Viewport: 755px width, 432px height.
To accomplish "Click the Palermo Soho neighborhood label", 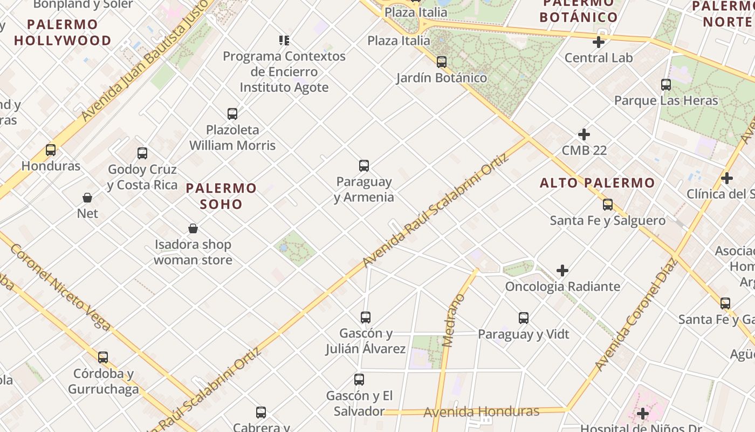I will pyautogui.click(x=222, y=196).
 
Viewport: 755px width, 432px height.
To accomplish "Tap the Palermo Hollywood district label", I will pyautogui.click(x=62, y=32).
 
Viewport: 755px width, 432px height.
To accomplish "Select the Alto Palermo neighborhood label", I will pyautogui.click(x=598, y=183).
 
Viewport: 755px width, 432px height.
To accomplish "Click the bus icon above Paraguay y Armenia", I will pyautogui.click(x=364, y=165).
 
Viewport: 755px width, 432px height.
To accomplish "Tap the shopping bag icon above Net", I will pyautogui.click(x=87, y=198).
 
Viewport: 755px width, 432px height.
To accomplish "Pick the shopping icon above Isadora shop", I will pyautogui.click(x=193, y=229).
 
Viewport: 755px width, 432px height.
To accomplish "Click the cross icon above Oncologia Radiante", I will pyautogui.click(x=562, y=271).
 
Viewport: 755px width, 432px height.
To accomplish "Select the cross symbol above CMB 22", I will pyautogui.click(x=584, y=134).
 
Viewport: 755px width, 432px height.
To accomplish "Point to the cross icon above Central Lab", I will pyautogui.click(x=599, y=42).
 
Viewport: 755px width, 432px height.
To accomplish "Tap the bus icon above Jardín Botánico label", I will pyautogui.click(x=442, y=62).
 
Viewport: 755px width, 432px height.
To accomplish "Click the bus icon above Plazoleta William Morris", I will pyautogui.click(x=232, y=114).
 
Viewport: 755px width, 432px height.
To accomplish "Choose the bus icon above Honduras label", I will pyautogui.click(x=51, y=150).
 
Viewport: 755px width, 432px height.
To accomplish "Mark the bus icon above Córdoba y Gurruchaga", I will pyautogui.click(x=103, y=357).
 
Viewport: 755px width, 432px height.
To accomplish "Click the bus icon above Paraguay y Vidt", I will pyautogui.click(x=524, y=318).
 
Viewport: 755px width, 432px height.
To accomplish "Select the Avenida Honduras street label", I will pyautogui.click(x=481, y=412).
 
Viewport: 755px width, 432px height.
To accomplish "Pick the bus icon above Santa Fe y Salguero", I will pyautogui.click(x=608, y=205).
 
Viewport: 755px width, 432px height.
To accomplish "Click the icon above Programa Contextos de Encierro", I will pyautogui.click(x=284, y=40).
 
